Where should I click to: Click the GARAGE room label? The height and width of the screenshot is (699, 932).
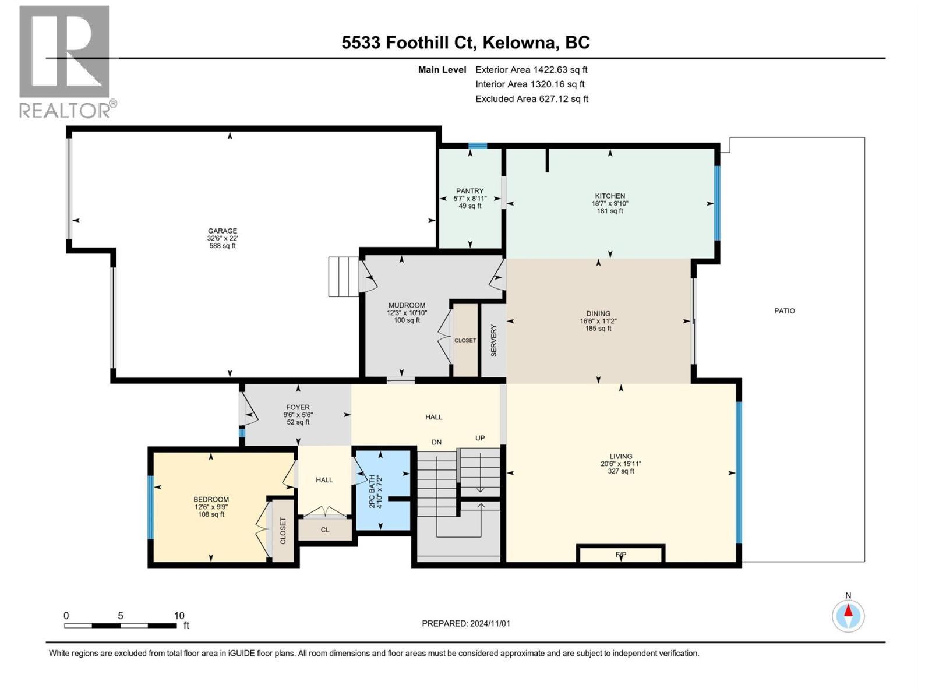point(223,231)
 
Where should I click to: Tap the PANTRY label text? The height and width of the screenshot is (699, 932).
point(469,191)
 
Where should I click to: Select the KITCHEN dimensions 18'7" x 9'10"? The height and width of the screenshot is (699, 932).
point(610,204)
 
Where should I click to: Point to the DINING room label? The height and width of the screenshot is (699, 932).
point(598,313)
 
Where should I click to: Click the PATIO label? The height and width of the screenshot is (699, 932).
point(784,311)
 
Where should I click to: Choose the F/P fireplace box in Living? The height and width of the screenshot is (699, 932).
point(620,555)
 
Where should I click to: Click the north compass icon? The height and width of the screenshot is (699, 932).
point(848,616)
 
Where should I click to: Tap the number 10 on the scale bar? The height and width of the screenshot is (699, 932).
point(179,616)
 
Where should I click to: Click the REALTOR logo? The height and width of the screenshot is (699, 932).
point(65,61)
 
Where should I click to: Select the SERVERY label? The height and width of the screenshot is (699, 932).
point(494,341)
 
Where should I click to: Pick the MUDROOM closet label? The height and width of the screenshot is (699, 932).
point(465,340)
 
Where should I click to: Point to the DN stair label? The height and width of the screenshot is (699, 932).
point(437,443)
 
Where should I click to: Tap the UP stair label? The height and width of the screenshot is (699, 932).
point(480,438)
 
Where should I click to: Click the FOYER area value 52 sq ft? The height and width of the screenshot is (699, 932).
point(298,422)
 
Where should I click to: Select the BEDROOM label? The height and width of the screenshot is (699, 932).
point(211,499)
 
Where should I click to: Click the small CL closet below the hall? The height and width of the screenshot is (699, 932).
point(325,529)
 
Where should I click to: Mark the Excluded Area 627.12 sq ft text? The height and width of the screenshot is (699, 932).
point(531,99)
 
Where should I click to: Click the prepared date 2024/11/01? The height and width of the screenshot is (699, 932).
point(489,623)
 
